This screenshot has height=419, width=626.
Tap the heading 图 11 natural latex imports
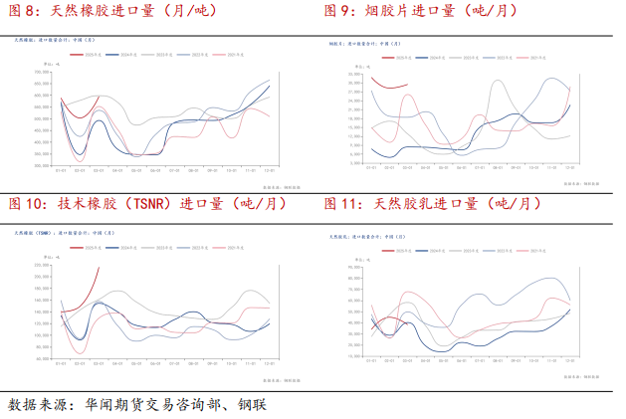(433, 204)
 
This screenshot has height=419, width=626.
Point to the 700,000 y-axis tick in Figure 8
(44, 71)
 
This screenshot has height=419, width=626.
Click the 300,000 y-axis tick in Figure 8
(44, 154)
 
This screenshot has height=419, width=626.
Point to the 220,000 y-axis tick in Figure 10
(44, 265)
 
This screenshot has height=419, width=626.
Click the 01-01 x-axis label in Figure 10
(62, 363)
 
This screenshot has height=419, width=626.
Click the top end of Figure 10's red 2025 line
(99, 267)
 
